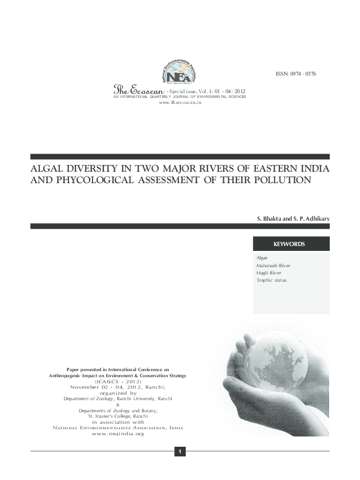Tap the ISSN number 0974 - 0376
tap(296, 74)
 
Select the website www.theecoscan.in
tap(180, 103)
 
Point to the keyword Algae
tap(262, 258)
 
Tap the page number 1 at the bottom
tap(180, 452)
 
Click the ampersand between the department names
tap(118, 404)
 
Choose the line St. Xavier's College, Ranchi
tap(118, 416)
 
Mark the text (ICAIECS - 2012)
tap(118, 381)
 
